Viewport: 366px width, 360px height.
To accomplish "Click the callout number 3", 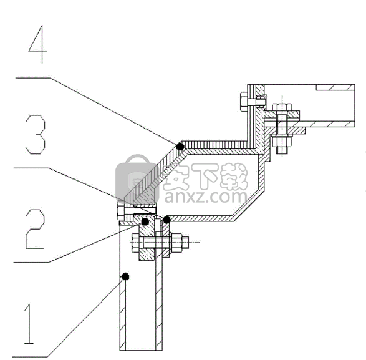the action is pos(35,134).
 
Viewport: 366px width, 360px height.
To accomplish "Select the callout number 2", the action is pos(34,229).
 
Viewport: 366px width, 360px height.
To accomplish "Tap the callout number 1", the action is pos(29,324).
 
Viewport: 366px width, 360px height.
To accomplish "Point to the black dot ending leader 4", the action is pos(180,147).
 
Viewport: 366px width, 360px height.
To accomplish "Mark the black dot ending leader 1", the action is pos(125,276).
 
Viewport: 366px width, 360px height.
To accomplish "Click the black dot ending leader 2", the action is pos(145,221).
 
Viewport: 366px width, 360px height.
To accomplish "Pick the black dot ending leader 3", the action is pos(166,220).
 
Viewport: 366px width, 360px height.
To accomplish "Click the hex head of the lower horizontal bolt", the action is pos(136,243).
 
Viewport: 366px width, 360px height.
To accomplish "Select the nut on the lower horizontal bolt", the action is pos(176,243).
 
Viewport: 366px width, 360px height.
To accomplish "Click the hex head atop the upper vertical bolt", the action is pos(282,107).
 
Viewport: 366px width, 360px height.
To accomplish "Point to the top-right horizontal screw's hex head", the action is pos(244,102).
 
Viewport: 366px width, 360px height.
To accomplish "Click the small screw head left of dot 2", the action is pos(120,211).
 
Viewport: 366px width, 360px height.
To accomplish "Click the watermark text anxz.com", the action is pos(206,197).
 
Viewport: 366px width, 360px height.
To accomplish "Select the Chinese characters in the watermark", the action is pos(205,177).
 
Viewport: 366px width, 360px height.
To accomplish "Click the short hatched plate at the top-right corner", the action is pos(335,87).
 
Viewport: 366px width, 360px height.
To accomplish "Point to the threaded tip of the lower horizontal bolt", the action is pos(185,243).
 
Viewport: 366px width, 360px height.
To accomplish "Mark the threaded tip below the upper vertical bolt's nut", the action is pos(282,150).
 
